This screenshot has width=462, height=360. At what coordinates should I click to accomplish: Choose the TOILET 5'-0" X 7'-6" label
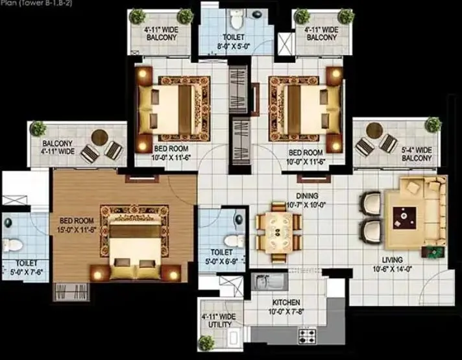pos(23,267)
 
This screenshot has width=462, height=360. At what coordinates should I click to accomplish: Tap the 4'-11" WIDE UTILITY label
pos(218,321)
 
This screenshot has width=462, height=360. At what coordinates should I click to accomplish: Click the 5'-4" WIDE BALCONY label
pos(417,154)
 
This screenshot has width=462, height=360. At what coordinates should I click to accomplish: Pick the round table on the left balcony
pos(99,137)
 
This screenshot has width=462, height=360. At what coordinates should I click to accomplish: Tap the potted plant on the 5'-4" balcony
pos(433,123)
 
